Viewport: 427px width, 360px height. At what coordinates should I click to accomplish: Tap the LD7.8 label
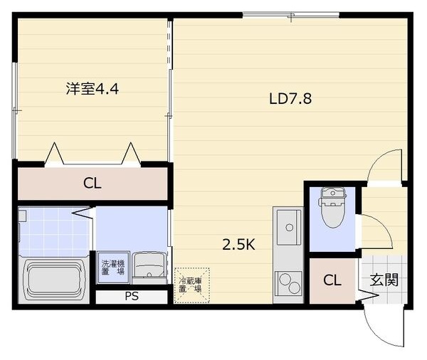[290, 99]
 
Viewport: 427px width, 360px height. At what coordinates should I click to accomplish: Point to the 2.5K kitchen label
[238, 245]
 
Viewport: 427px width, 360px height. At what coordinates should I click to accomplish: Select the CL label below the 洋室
[93, 183]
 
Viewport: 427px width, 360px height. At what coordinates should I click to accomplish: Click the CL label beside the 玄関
[332, 280]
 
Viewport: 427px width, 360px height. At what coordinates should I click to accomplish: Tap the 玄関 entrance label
[383, 280]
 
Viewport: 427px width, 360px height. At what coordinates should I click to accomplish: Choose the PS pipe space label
[131, 297]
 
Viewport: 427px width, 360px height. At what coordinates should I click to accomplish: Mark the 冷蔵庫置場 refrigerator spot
[191, 284]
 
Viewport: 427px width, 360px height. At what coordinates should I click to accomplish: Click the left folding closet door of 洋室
[54, 154]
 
